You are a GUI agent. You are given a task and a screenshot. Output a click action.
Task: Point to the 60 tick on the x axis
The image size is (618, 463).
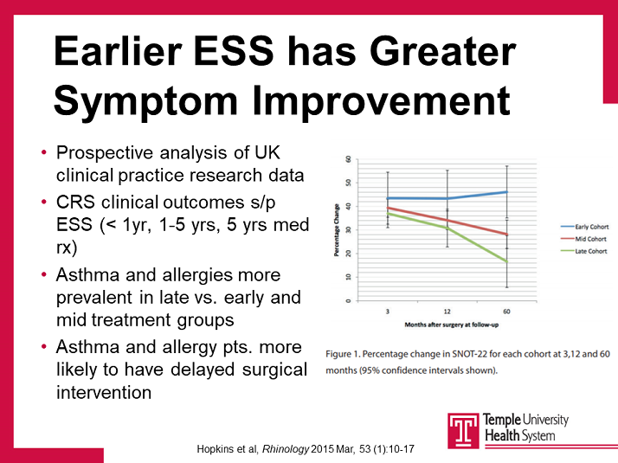point(505,309)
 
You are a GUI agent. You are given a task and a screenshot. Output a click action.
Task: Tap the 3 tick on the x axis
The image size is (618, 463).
point(387,309)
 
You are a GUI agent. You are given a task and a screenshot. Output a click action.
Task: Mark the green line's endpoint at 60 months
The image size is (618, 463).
point(505,261)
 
